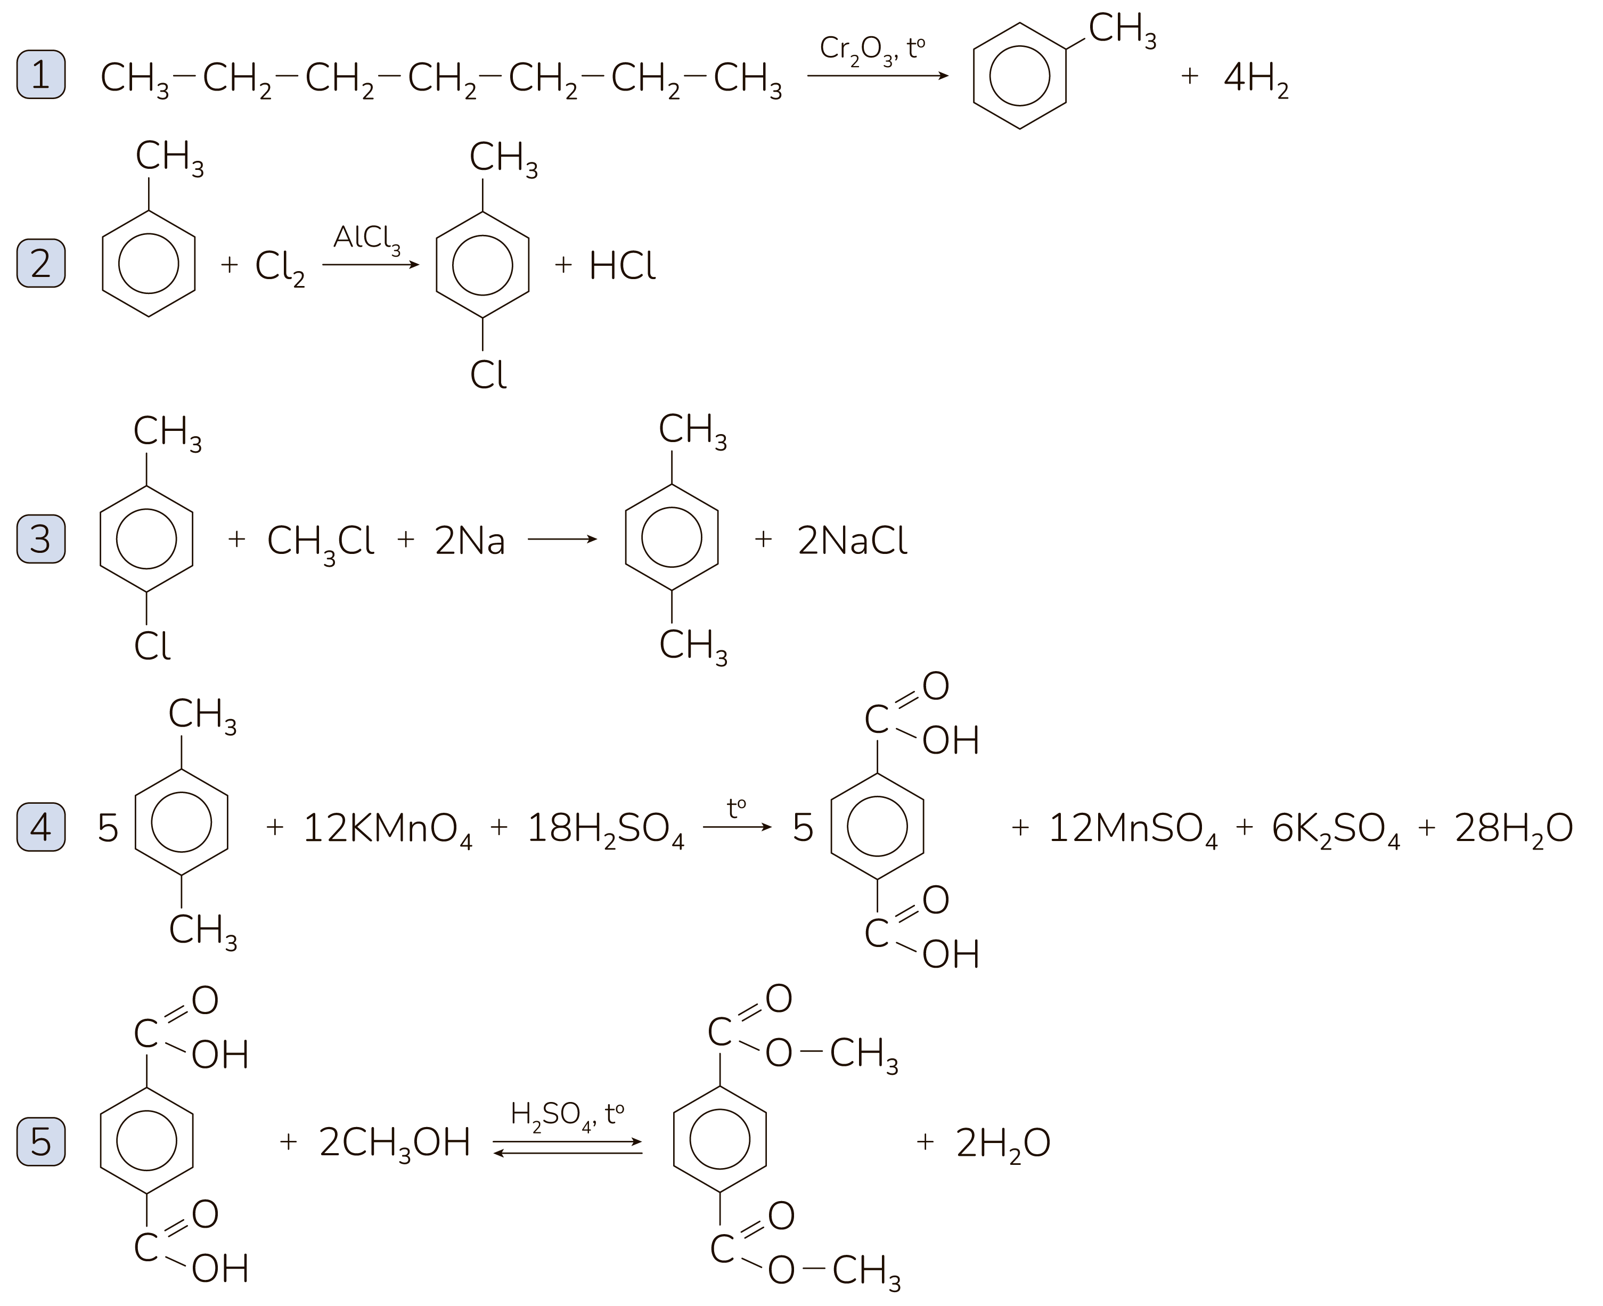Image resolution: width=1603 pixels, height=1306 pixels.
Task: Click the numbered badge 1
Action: pos(40,75)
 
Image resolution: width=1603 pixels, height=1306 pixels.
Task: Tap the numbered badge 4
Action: pos(40,827)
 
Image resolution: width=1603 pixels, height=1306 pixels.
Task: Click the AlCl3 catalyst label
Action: pos(366,239)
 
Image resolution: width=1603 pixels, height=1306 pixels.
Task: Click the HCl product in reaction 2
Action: pos(622,266)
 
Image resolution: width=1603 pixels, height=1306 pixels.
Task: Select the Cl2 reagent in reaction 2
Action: pos(280,267)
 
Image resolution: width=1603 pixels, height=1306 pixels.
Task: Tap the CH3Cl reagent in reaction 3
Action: pos(321,542)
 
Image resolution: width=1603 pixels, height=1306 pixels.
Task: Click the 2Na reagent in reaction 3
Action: pos(469,541)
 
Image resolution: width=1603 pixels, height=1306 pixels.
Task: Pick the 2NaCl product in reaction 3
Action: pos(852,541)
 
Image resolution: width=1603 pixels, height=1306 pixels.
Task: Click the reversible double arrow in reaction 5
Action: pos(568,1147)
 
